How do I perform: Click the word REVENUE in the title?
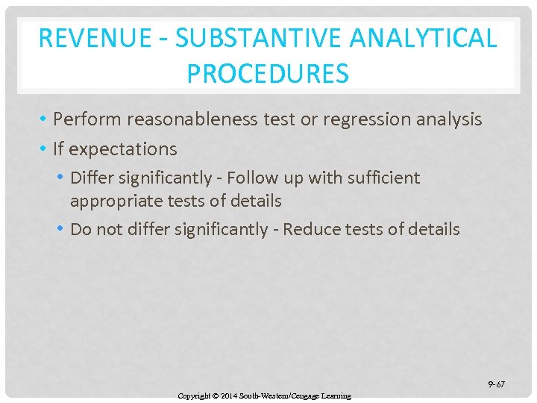(84, 38)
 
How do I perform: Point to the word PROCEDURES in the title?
(268, 74)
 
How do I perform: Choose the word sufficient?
(383, 178)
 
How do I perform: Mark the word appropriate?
(113, 201)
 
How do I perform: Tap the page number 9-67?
(496, 384)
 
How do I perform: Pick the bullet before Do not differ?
(61, 229)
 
